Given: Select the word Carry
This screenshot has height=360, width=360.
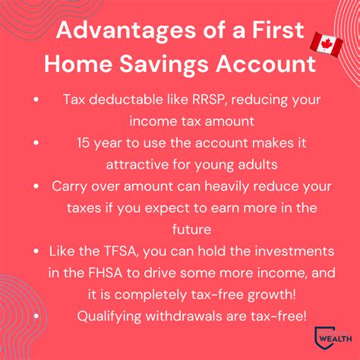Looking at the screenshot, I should (71, 186).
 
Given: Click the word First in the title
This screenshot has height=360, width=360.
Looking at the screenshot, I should (275, 32).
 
